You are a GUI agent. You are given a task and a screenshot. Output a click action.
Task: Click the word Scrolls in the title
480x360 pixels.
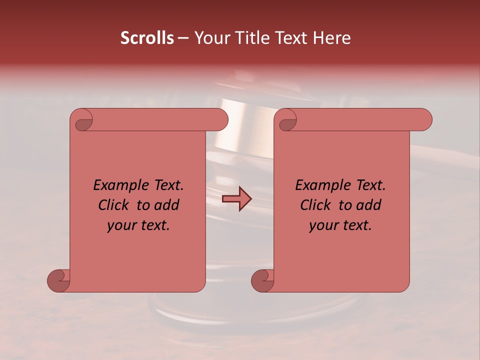click(147, 38)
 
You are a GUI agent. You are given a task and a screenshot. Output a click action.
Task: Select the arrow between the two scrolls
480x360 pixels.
click(236, 199)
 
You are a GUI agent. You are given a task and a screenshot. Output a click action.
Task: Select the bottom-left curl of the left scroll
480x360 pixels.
click(59, 280)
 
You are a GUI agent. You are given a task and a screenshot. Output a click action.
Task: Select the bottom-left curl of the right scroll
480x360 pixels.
click(263, 280)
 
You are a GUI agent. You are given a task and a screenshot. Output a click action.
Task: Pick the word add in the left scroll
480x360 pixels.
click(167, 205)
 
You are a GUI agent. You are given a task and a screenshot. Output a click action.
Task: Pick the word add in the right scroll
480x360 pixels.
click(369, 205)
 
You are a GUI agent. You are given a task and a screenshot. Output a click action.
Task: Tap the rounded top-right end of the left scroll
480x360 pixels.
click(220, 119)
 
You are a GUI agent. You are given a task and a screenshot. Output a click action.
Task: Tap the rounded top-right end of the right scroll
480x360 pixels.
click(424, 119)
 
